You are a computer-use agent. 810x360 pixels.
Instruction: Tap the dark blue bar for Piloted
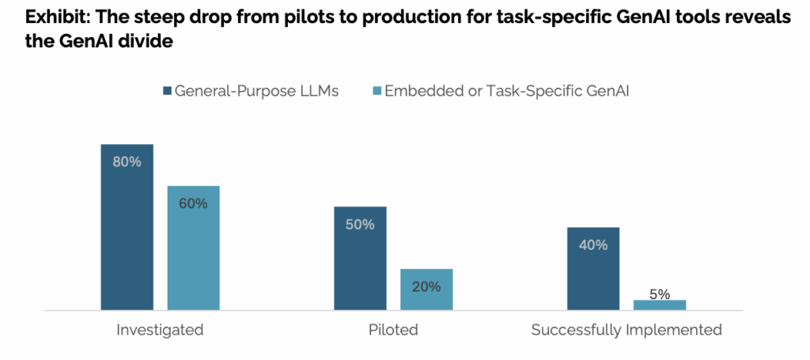(360, 261)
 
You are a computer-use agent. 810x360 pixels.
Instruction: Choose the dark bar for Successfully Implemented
(593, 273)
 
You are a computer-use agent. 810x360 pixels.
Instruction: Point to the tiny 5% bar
(660, 305)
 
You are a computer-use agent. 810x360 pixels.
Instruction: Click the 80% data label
(127, 161)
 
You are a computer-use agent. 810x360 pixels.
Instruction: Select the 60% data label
(193, 203)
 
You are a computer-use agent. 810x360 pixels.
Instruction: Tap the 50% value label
(360, 224)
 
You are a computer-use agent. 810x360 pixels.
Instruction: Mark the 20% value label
(426, 286)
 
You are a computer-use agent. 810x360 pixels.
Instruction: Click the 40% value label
(593, 245)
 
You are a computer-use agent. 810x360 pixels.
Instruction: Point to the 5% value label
(660, 294)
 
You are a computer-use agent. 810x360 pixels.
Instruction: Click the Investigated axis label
(160, 330)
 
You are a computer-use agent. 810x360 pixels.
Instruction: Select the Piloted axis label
(393, 330)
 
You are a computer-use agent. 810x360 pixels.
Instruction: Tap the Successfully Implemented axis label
(626, 330)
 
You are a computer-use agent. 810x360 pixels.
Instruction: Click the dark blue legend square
(166, 91)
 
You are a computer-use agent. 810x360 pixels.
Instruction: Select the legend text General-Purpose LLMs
(256, 91)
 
